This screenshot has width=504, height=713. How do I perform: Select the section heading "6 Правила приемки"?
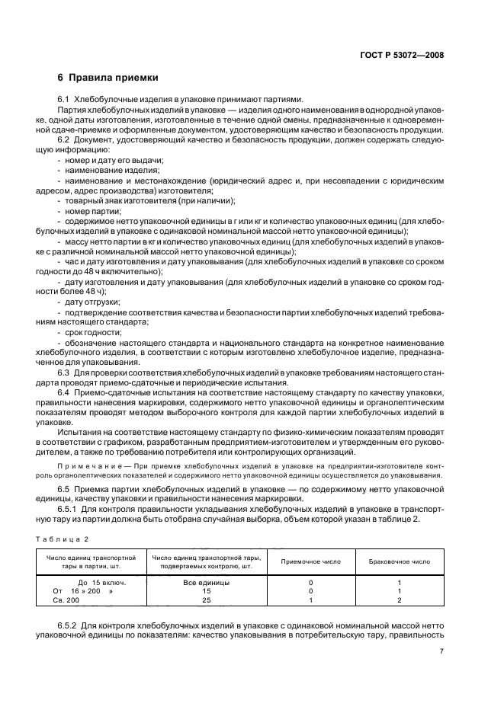tap(108, 78)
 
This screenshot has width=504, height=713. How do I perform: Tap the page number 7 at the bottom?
tap(441, 651)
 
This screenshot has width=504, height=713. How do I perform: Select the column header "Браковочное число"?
tap(399, 561)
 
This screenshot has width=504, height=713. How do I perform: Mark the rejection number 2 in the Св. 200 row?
tap(399, 600)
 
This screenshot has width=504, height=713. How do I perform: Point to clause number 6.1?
tap(65, 100)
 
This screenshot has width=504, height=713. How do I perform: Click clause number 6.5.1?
tap(70, 506)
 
